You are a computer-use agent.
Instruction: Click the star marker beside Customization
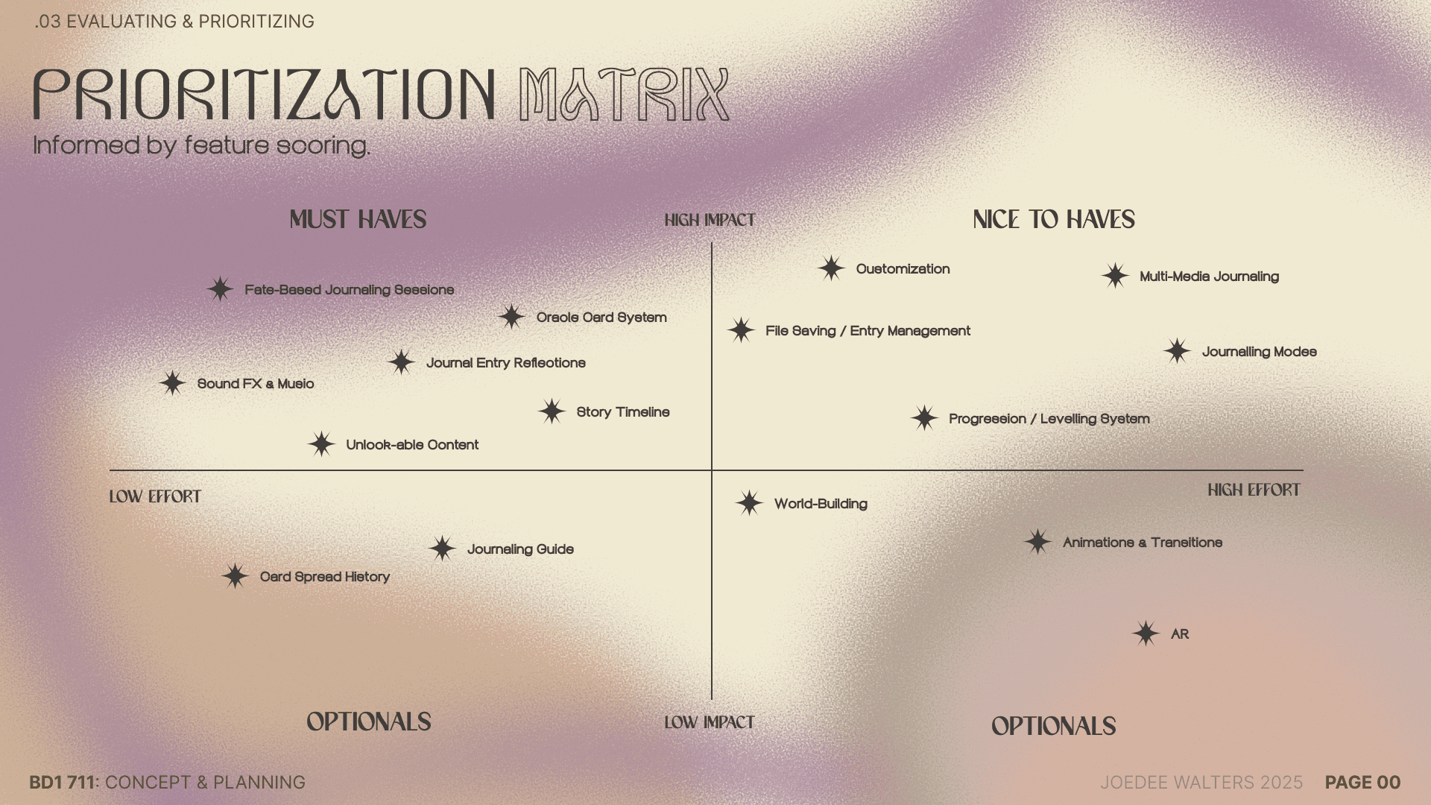pyautogui.click(x=831, y=268)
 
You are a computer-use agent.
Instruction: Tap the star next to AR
pyautogui.click(x=1146, y=634)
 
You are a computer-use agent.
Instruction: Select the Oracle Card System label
pyautogui.click(x=601, y=318)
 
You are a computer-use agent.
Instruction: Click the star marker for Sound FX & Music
pyautogui.click(x=172, y=383)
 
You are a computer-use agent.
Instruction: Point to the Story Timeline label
pyautogui.click(x=623, y=412)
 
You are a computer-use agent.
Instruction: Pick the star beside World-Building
pyautogui.click(x=749, y=503)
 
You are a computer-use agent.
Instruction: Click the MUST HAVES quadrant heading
pyautogui.click(x=358, y=219)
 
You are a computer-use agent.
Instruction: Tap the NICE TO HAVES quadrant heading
pyautogui.click(x=1054, y=219)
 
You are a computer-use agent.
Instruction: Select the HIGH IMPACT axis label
pyautogui.click(x=710, y=220)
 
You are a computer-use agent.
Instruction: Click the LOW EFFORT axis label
pyautogui.click(x=155, y=496)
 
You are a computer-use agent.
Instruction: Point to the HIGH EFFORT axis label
pyautogui.click(x=1254, y=490)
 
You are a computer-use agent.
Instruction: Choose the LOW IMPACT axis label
pyautogui.click(x=710, y=722)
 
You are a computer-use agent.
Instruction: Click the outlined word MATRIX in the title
pyautogui.click(x=625, y=95)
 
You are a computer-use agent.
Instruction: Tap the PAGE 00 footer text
pyautogui.click(x=1362, y=782)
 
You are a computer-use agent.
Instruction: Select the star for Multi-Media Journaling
pyautogui.click(x=1115, y=276)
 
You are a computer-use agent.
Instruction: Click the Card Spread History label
pyautogui.click(x=325, y=577)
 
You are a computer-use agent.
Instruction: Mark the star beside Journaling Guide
pyautogui.click(x=442, y=549)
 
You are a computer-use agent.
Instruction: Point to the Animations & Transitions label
pyautogui.click(x=1143, y=543)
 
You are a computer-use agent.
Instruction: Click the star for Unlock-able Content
pyautogui.click(x=321, y=444)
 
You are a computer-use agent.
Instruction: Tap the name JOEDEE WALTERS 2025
pyautogui.click(x=1201, y=782)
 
